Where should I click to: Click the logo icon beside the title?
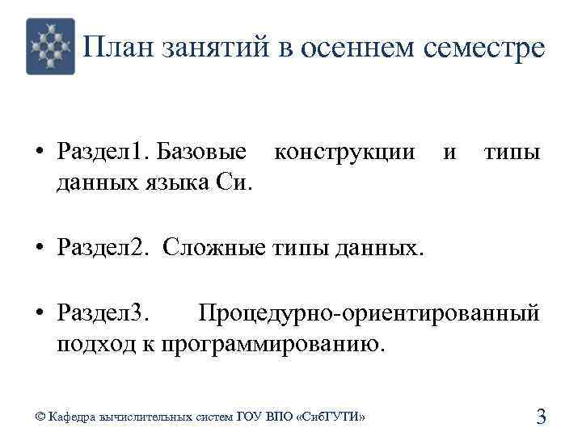click(x=50, y=46)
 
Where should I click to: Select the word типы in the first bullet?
click(x=512, y=152)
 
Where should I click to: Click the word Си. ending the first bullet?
click(x=235, y=185)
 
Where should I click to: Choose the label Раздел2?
click(x=103, y=247)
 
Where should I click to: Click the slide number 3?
click(x=542, y=417)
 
